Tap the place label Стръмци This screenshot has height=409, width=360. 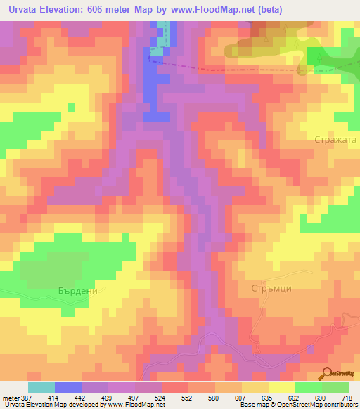click(271, 289)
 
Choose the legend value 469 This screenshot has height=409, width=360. click(108, 397)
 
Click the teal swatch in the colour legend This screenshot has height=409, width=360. click(41, 387)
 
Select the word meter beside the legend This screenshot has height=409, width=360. click(8, 397)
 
